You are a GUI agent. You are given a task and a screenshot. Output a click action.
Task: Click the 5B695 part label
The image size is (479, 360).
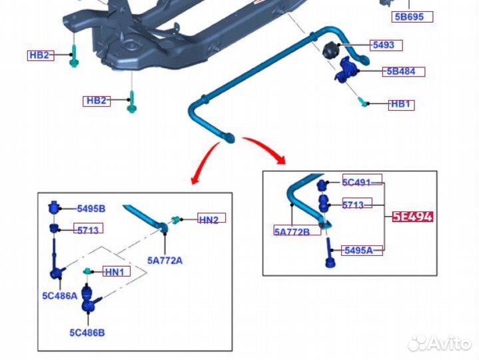(414, 17)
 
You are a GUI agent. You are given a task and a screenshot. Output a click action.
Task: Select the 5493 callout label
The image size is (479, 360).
(383, 45)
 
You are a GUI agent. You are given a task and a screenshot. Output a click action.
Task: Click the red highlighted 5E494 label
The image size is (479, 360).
(412, 216)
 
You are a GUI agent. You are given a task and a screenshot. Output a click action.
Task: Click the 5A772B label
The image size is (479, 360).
(292, 232)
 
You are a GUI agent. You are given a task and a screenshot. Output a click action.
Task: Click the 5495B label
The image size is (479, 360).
(91, 209)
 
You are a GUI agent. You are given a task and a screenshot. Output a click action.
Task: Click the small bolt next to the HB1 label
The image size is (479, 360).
(363, 102)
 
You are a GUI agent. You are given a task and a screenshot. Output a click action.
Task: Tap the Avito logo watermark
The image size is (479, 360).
(439, 342)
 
